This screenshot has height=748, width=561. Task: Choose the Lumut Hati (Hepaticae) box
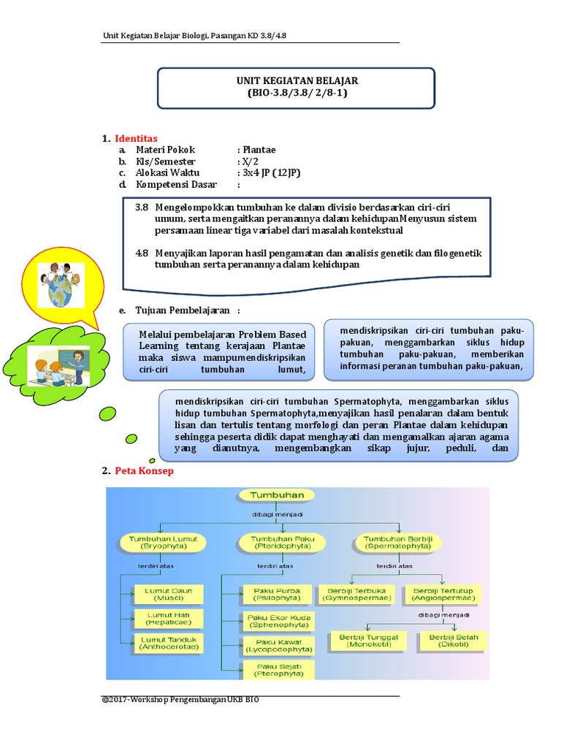click(x=167, y=619)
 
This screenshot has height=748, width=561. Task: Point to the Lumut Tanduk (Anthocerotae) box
click(x=167, y=643)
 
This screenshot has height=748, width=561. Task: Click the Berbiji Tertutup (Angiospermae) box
click(x=444, y=594)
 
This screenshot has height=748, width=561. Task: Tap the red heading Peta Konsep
click(x=144, y=471)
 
